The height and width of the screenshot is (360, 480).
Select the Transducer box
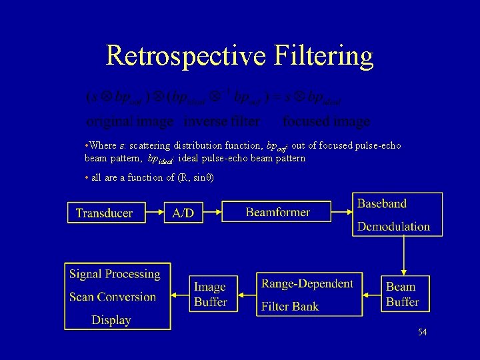tap(104, 213)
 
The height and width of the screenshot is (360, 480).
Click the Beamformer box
tap(277, 212)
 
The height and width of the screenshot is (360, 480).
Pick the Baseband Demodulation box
tap(397, 215)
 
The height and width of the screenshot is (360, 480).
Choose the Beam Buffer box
tap(405, 294)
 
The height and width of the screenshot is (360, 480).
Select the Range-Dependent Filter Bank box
tap(309, 295)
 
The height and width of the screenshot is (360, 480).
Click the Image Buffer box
tap(210, 294)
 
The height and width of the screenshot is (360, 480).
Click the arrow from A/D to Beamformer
tap(213, 213)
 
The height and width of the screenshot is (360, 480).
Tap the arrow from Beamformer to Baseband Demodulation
tap(342, 213)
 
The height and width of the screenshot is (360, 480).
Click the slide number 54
tap(422, 332)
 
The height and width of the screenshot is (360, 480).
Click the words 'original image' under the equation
tap(129, 122)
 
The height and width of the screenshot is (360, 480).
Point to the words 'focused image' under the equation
tap(327, 122)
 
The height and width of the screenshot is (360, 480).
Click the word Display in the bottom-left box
tap(111, 320)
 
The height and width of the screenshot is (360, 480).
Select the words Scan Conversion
tap(113, 297)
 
